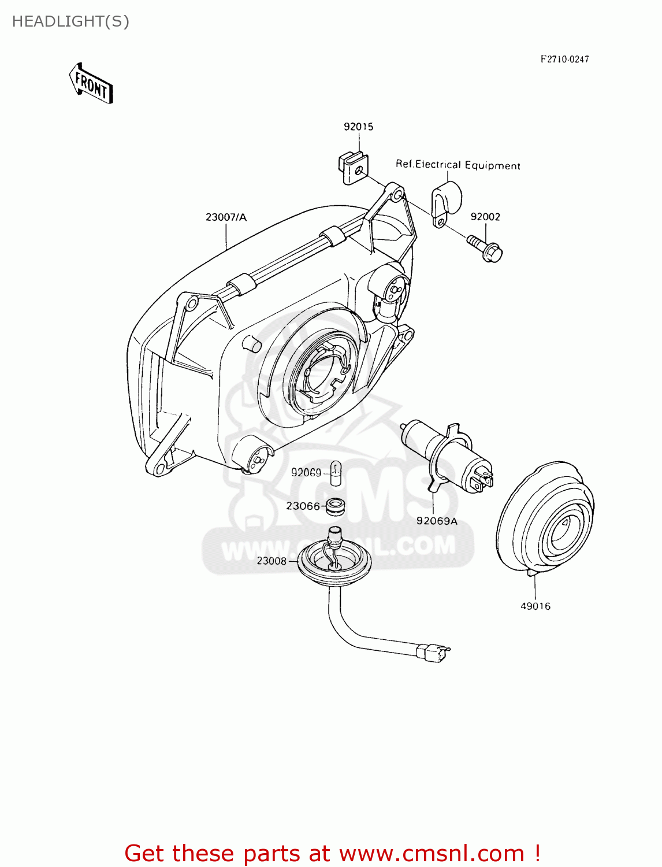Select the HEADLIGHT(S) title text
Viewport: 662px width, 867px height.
tap(70, 21)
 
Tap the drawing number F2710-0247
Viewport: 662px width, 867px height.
tap(564, 59)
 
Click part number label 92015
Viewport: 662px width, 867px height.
tap(358, 127)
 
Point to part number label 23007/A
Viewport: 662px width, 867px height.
tap(226, 217)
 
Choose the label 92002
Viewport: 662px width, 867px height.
tap(485, 217)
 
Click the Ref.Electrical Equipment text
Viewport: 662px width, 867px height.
tap(458, 165)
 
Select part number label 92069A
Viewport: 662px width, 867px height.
tap(437, 521)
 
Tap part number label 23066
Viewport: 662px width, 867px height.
tap(303, 506)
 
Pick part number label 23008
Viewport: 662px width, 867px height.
tap(272, 561)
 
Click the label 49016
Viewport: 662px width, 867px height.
tap(535, 606)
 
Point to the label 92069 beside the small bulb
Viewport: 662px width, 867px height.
tap(306, 472)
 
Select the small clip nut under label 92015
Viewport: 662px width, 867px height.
tap(352, 167)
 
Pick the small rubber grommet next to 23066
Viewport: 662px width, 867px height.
tap(335, 506)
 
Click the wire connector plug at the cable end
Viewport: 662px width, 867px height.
tap(432, 653)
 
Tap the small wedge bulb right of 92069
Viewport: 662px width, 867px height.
tap(336, 472)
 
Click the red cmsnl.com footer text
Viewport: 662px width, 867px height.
tap(332, 853)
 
